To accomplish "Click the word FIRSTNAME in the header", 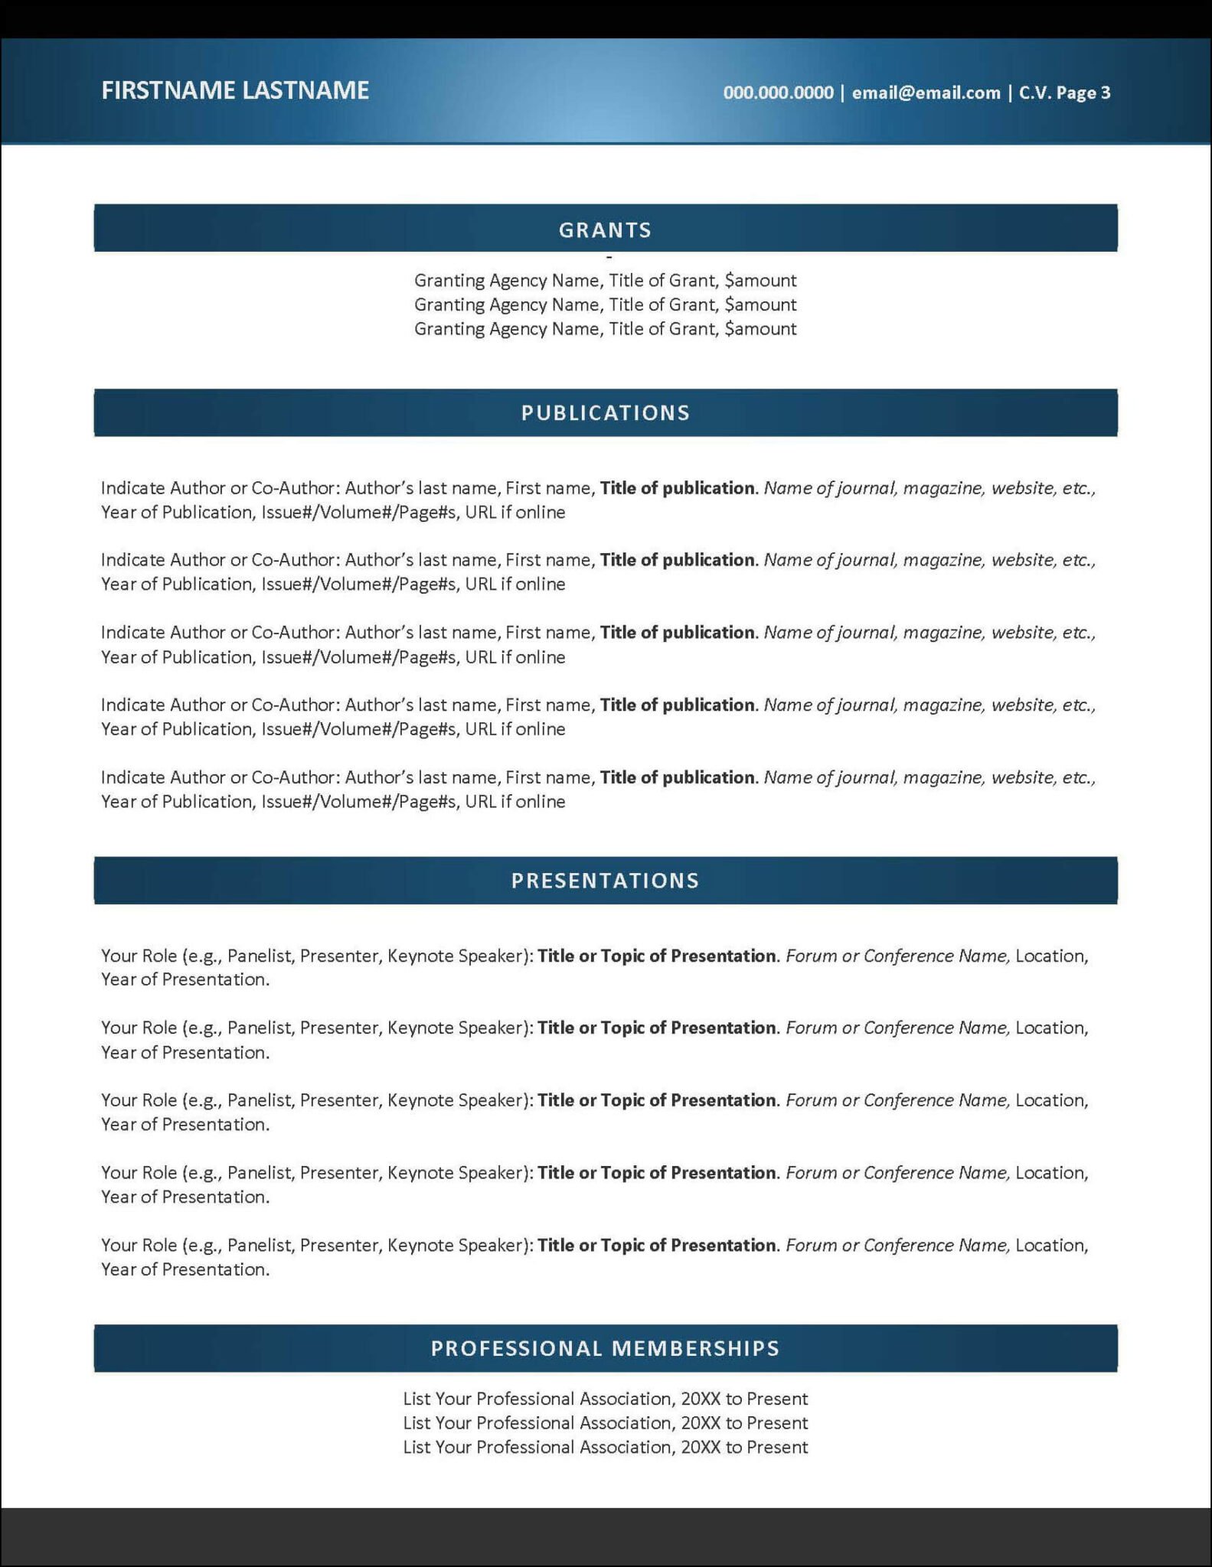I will tap(168, 90).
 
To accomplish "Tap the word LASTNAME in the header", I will tap(305, 90).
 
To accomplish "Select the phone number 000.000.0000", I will tap(778, 93).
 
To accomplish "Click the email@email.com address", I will tap(926, 93).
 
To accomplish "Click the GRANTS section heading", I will tap(605, 230).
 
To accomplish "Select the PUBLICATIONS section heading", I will tap(605, 413).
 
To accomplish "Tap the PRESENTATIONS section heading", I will tap(605, 881).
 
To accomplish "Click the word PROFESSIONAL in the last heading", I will tap(517, 1348).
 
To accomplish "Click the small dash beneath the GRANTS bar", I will tap(609, 258).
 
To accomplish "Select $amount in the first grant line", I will tap(760, 281).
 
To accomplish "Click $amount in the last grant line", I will tap(760, 329).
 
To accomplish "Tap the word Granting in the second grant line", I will tap(449, 305).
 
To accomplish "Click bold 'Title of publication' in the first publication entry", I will tap(677, 488).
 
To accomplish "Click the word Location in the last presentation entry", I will tap(1050, 1245).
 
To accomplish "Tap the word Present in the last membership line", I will tap(777, 1447).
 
